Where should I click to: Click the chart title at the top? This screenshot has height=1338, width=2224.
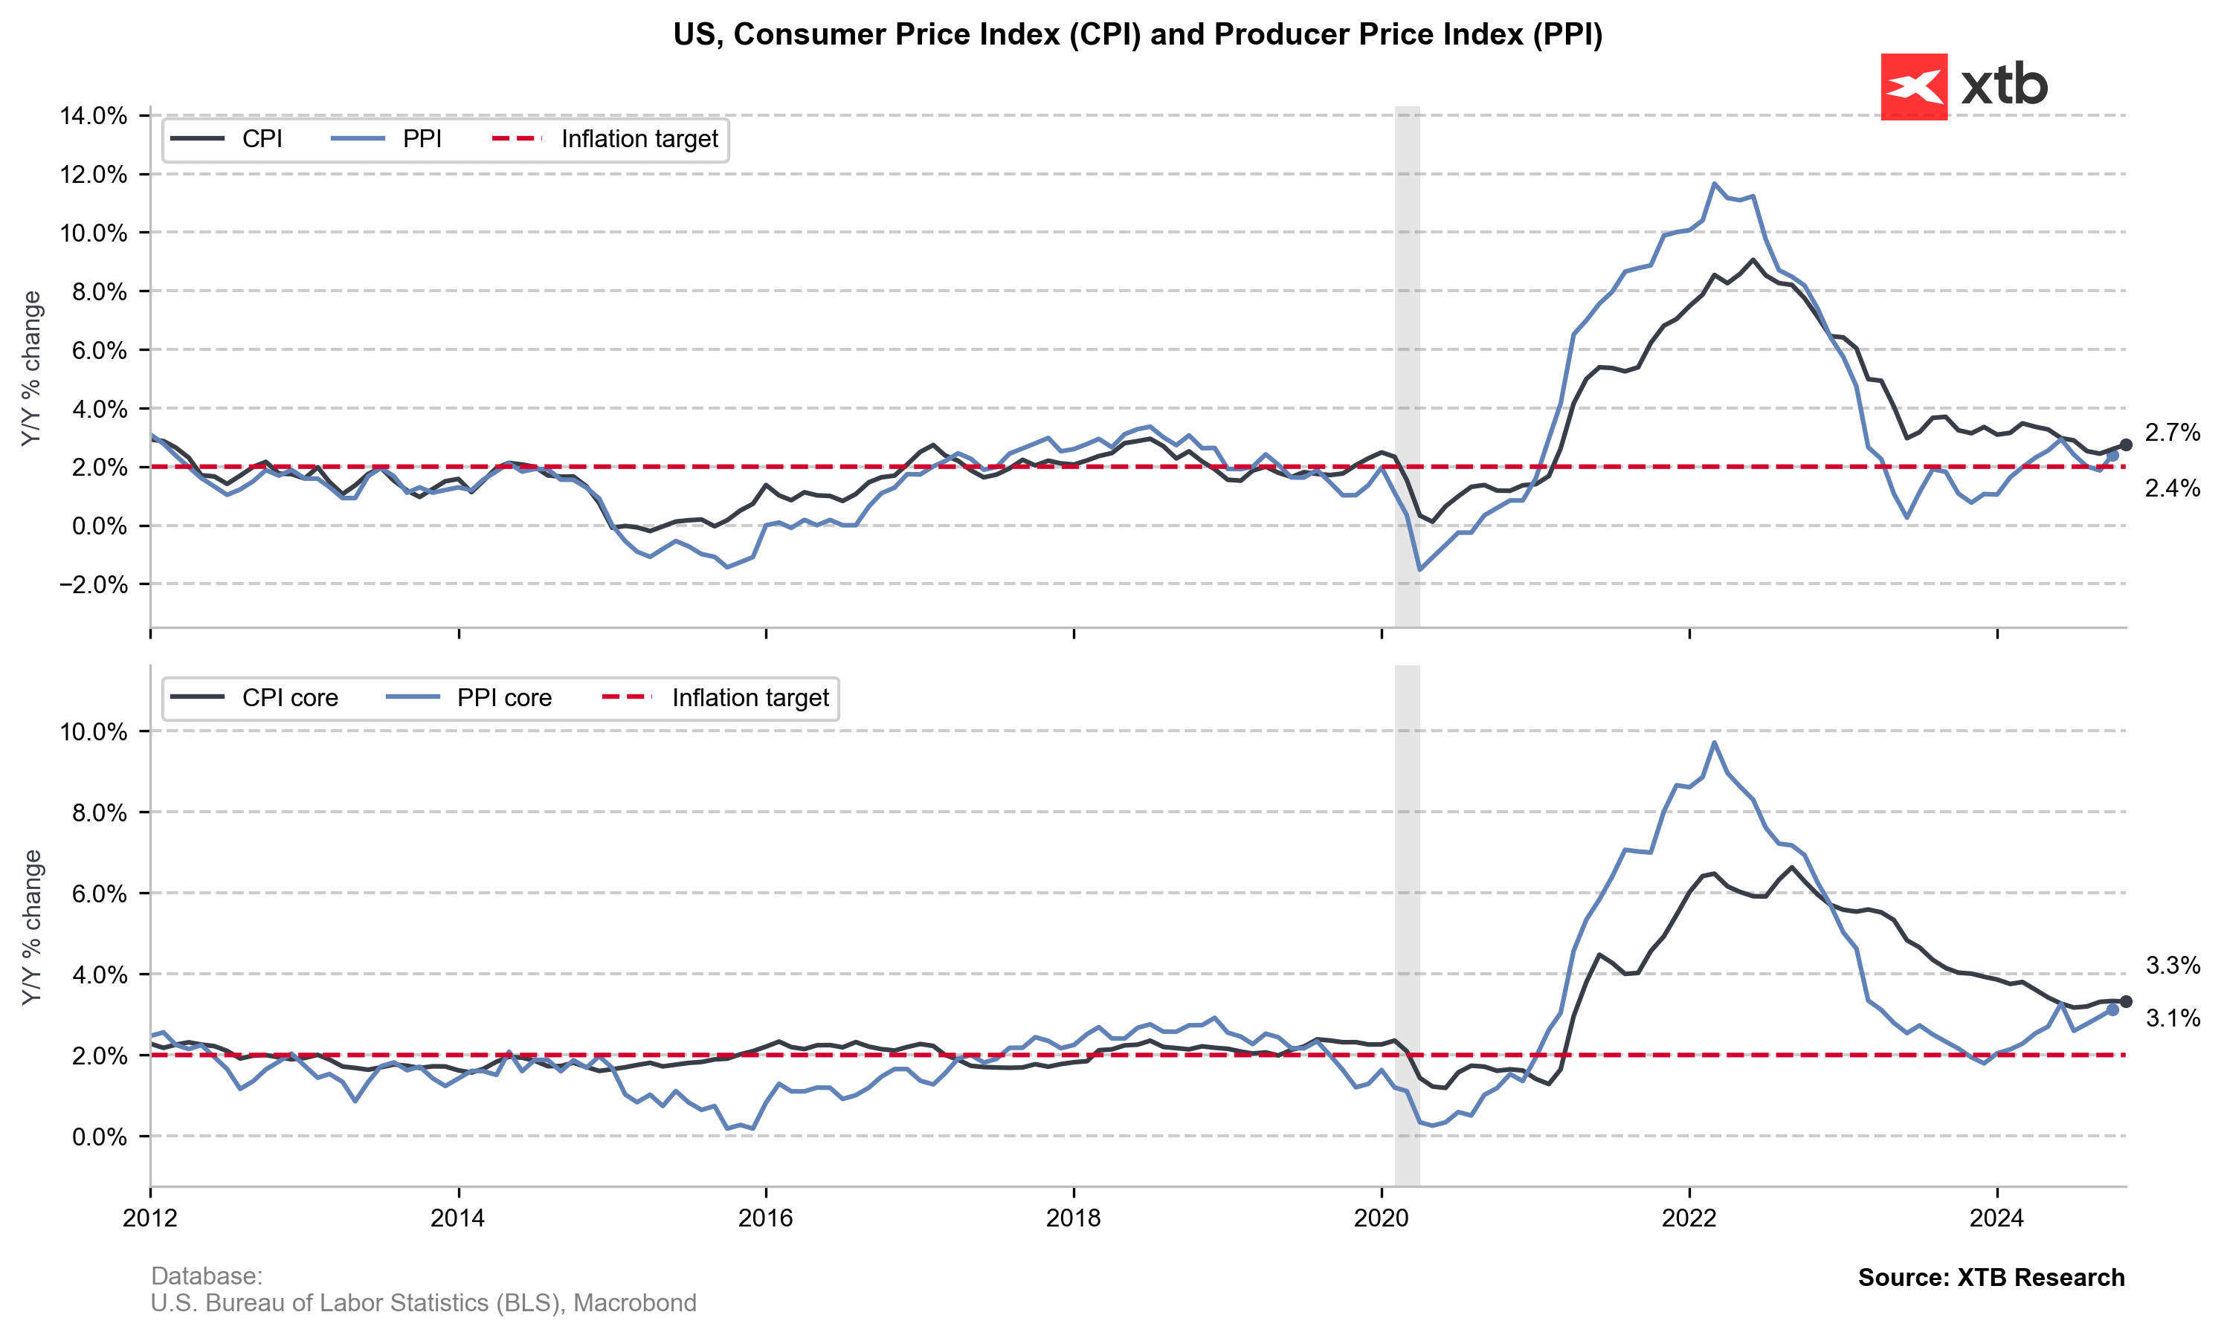pyautogui.click(x=1137, y=34)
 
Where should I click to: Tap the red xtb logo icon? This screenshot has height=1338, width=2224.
pyautogui.click(x=1913, y=86)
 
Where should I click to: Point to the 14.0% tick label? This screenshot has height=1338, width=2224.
pyautogui.click(x=93, y=115)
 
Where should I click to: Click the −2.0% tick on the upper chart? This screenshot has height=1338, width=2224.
pyautogui.click(x=93, y=584)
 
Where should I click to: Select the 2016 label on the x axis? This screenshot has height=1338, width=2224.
pyautogui.click(x=765, y=1218)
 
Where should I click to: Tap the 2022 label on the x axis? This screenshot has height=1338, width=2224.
pyautogui.click(x=1689, y=1218)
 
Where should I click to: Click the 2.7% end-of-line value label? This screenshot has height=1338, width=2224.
pyautogui.click(x=2172, y=433)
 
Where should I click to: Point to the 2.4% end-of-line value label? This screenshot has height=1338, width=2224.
pyautogui.click(x=2172, y=488)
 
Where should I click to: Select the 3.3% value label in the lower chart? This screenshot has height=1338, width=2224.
pyautogui.click(x=2172, y=966)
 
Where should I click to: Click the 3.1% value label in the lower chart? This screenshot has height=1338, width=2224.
pyautogui.click(x=2172, y=1019)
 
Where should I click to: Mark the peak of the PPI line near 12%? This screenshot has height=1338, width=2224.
pyautogui.click(x=1714, y=183)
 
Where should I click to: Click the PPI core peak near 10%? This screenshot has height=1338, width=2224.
pyautogui.click(x=1714, y=742)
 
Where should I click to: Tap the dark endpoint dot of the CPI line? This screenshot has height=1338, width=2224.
pyautogui.click(x=2126, y=445)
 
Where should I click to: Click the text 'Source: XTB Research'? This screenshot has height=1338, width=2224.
pyautogui.click(x=1991, y=1278)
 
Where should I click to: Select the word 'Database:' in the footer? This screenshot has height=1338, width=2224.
pyautogui.click(x=207, y=1276)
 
